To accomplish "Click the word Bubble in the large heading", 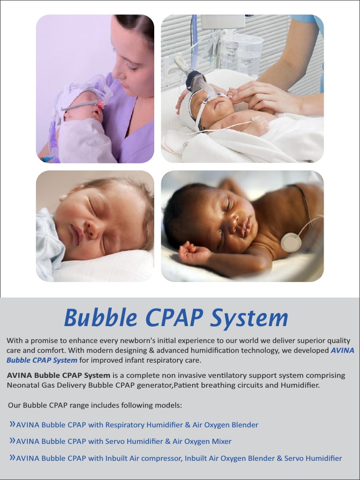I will point(101,318).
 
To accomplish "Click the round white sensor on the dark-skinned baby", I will point(291,241).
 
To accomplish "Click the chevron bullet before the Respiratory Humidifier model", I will point(12,424).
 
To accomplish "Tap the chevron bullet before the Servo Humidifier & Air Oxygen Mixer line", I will point(12,441).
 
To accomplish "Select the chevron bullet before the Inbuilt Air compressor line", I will point(12,457).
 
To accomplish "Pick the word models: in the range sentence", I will point(169,405).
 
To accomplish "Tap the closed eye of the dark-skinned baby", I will point(227,205).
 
